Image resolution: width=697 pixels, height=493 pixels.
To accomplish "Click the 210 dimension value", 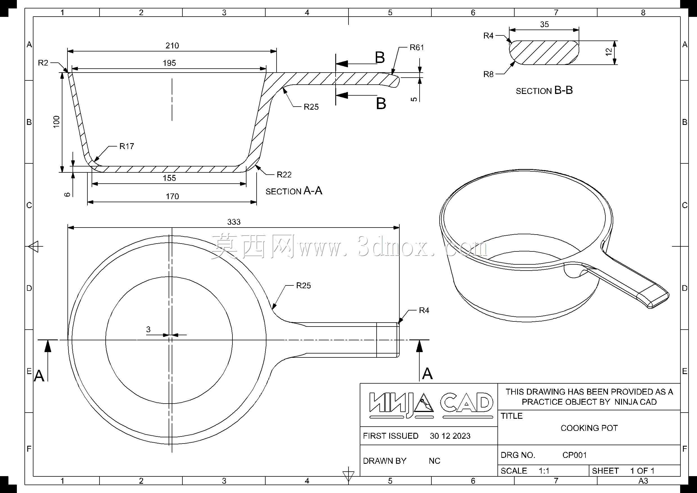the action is (172, 46).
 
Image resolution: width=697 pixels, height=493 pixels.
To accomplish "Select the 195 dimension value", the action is (169, 63).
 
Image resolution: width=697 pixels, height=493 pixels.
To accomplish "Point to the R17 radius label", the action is (126, 146).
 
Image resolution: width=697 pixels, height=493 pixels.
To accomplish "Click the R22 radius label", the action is (284, 175).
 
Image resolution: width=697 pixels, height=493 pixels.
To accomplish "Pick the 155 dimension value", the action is (169, 178).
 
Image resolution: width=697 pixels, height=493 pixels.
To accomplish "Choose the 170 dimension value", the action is (172, 197).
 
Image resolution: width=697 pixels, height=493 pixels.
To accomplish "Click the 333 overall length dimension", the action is (234, 222).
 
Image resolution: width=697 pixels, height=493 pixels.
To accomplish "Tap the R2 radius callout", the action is (43, 63).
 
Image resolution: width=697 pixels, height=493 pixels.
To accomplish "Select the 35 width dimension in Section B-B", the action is (544, 24).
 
